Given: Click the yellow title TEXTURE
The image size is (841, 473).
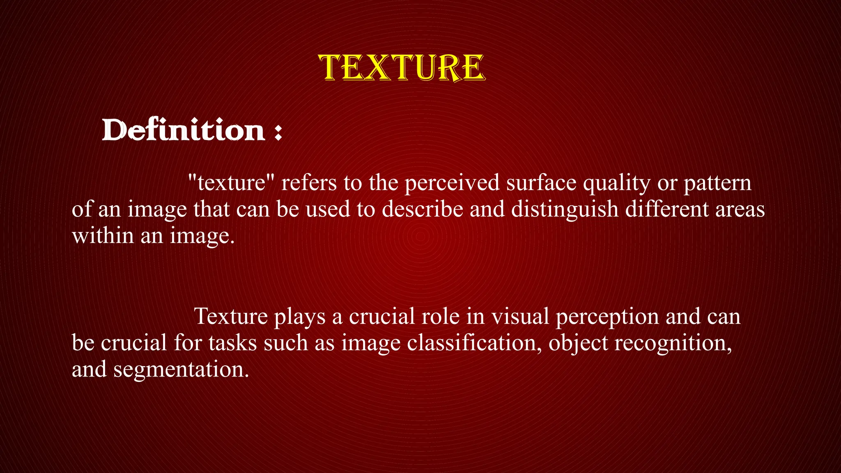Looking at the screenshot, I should [x=402, y=67].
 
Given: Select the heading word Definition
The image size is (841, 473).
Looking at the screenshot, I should [x=183, y=130].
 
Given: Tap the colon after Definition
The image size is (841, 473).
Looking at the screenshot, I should [x=278, y=132].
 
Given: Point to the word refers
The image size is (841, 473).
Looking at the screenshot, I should [x=309, y=182].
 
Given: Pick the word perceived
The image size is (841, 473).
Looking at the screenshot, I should [x=452, y=183].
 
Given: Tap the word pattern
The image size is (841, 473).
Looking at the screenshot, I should [x=717, y=183].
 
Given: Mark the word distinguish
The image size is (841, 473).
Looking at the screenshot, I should [x=565, y=210].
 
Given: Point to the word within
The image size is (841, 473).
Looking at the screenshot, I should [x=103, y=236].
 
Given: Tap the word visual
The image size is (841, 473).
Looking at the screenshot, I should [x=520, y=316].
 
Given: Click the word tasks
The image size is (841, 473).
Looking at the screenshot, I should [x=233, y=343].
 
